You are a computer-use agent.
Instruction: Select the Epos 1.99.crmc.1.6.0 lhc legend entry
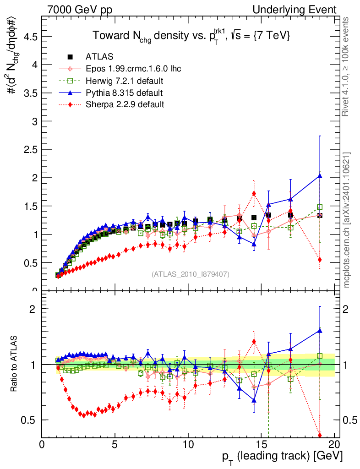133,69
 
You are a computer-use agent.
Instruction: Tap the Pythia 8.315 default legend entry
124,93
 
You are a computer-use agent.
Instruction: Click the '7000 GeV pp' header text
80,10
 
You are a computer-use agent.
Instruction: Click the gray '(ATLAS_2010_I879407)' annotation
191,274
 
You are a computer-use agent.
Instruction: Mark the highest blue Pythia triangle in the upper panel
320,176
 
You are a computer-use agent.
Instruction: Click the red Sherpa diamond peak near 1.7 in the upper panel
254,193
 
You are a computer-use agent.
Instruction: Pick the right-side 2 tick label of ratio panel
348,309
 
